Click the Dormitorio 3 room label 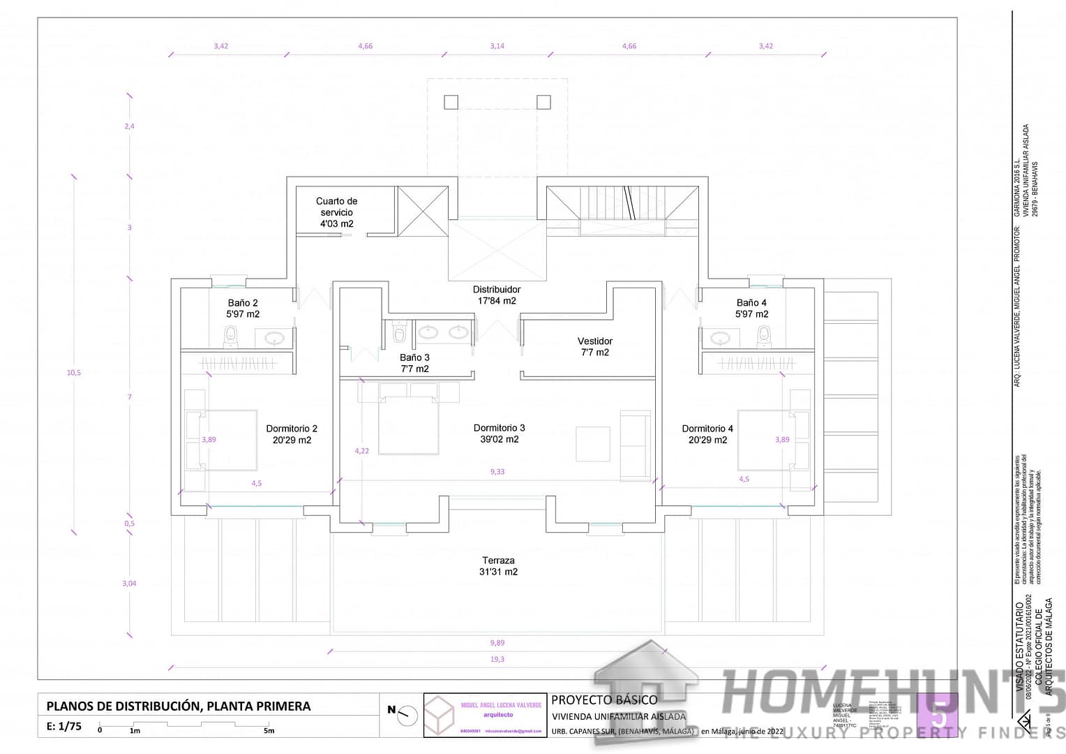[x=499, y=434]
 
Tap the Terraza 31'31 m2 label [x=498, y=566]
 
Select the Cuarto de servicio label [x=336, y=212]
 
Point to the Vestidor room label [x=595, y=346]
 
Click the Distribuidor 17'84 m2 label [x=496, y=295]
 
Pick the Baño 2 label [x=243, y=309]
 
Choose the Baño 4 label [x=751, y=309]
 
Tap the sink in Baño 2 [x=274, y=339]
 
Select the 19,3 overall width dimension [x=497, y=659]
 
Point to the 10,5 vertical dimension [x=74, y=373]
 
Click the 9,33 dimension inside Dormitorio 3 [x=497, y=472]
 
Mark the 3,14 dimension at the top [x=497, y=46]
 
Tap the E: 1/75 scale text [x=64, y=726]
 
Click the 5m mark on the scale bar [x=269, y=731]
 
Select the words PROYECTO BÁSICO [x=604, y=700]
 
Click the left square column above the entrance [x=451, y=103]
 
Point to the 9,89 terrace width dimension [x=497, y=643]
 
